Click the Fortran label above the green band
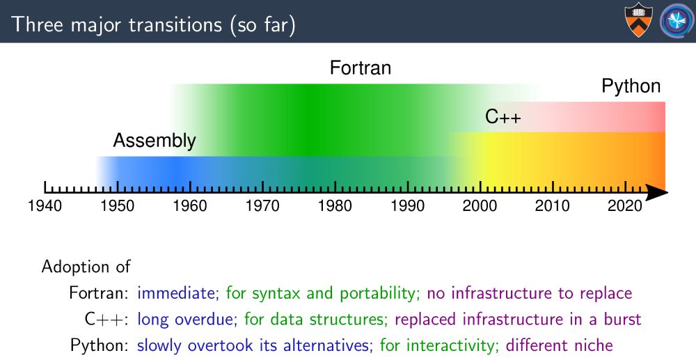coord(361,68)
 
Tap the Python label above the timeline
coord(631,86)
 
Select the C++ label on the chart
coord(503,117)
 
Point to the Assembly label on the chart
coord(155,141)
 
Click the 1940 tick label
coord(45,206)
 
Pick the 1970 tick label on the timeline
coord(262,206)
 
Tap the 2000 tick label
coord(480,206)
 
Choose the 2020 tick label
coord(625,206)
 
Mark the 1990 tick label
coord(407,206)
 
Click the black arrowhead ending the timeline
coord(657,193)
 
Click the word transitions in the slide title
coord(175,24)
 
